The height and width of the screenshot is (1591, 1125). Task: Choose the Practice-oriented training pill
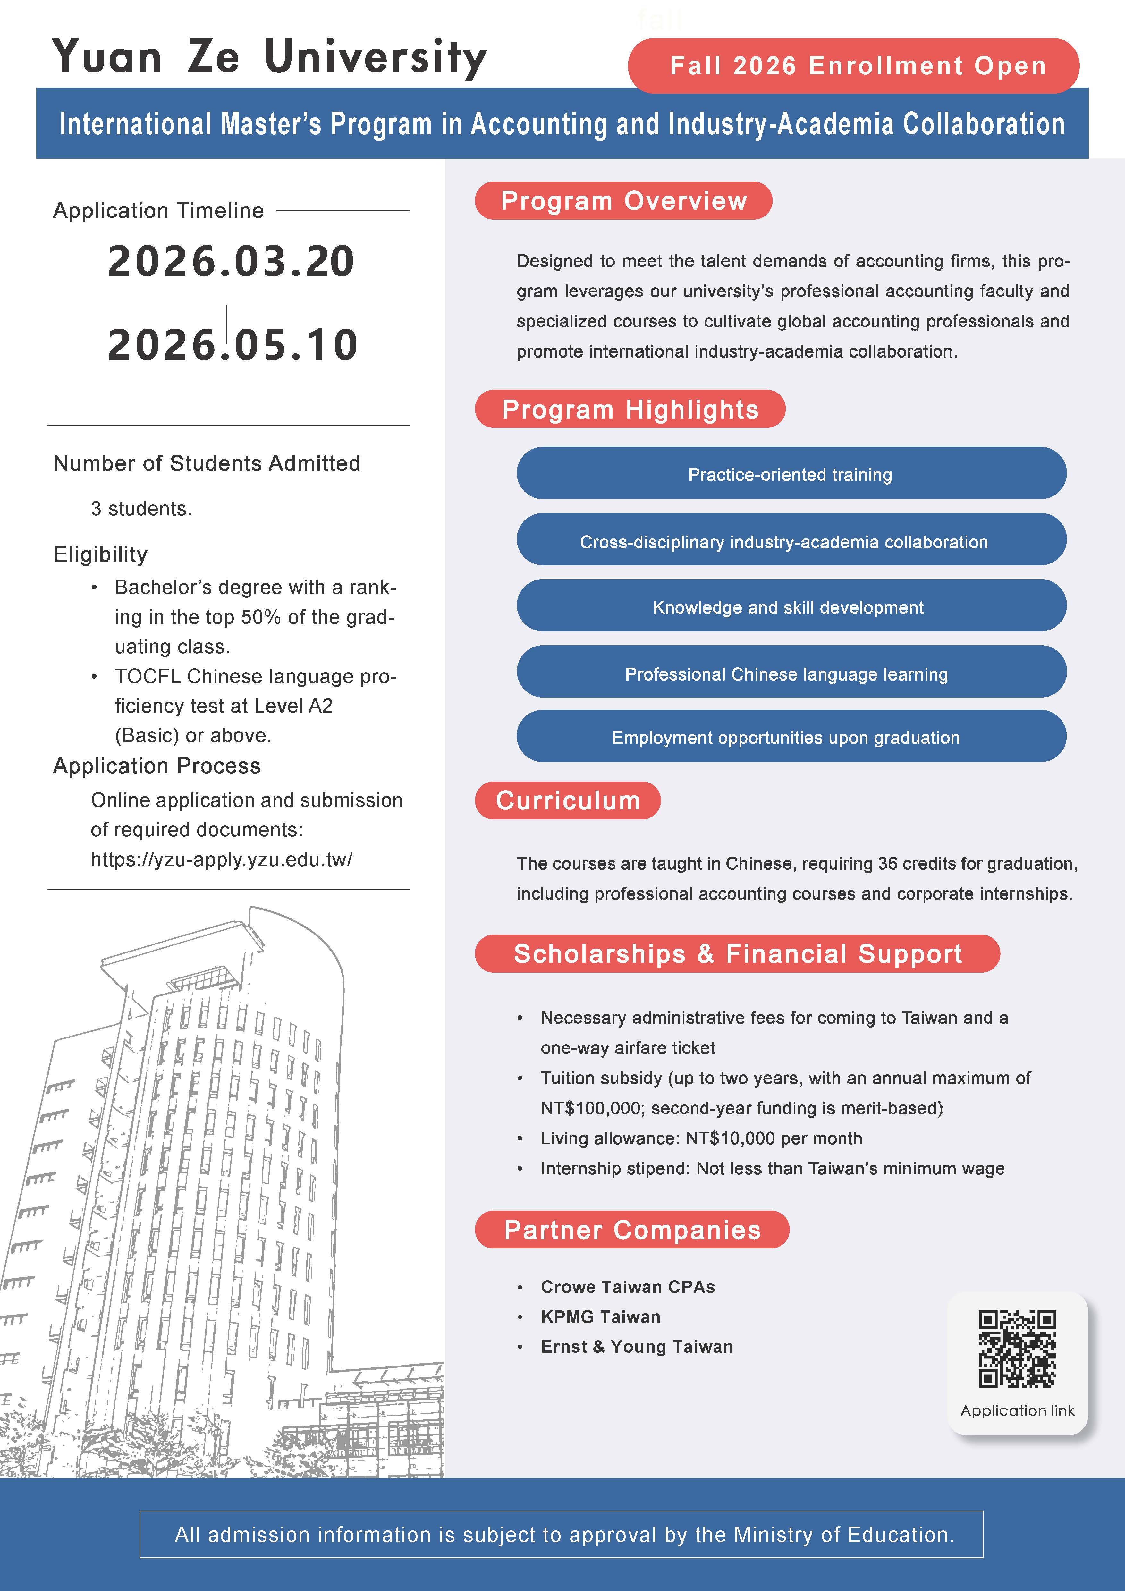[791, 474]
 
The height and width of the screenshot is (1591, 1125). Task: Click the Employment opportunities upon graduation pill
[791, 737]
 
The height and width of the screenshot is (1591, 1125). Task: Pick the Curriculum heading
[567, 800]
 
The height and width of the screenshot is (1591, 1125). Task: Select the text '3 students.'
[141, 509]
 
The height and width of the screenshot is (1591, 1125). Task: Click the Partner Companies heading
[632, 1230]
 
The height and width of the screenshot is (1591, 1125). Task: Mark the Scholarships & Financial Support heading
[737, 954]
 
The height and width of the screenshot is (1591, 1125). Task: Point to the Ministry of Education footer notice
[564, 1535]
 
